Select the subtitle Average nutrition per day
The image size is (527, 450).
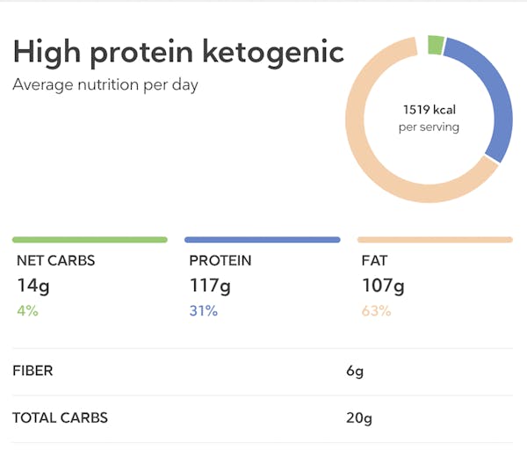click(105, 85)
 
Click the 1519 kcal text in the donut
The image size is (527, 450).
click(429, 110)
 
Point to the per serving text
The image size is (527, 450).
click(429, 127)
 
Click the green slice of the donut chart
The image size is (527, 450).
click(435, 45)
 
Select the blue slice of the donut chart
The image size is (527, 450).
click(492, 97)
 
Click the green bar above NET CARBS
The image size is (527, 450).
click(90, 239)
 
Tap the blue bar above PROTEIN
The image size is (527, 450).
click(262, 239)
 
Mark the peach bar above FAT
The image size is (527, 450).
click(435, 239)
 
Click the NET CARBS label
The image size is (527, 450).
click(55, 261)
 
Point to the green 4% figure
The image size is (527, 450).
click(27, 310)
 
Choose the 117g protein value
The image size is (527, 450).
click(210, 286)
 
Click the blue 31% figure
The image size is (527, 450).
click(204, 310)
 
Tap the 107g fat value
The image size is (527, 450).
click(383, 286)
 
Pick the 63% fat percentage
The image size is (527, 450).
click(377, 310)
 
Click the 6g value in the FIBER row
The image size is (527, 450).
click(355, 371)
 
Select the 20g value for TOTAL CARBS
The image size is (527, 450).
click(358, 417)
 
